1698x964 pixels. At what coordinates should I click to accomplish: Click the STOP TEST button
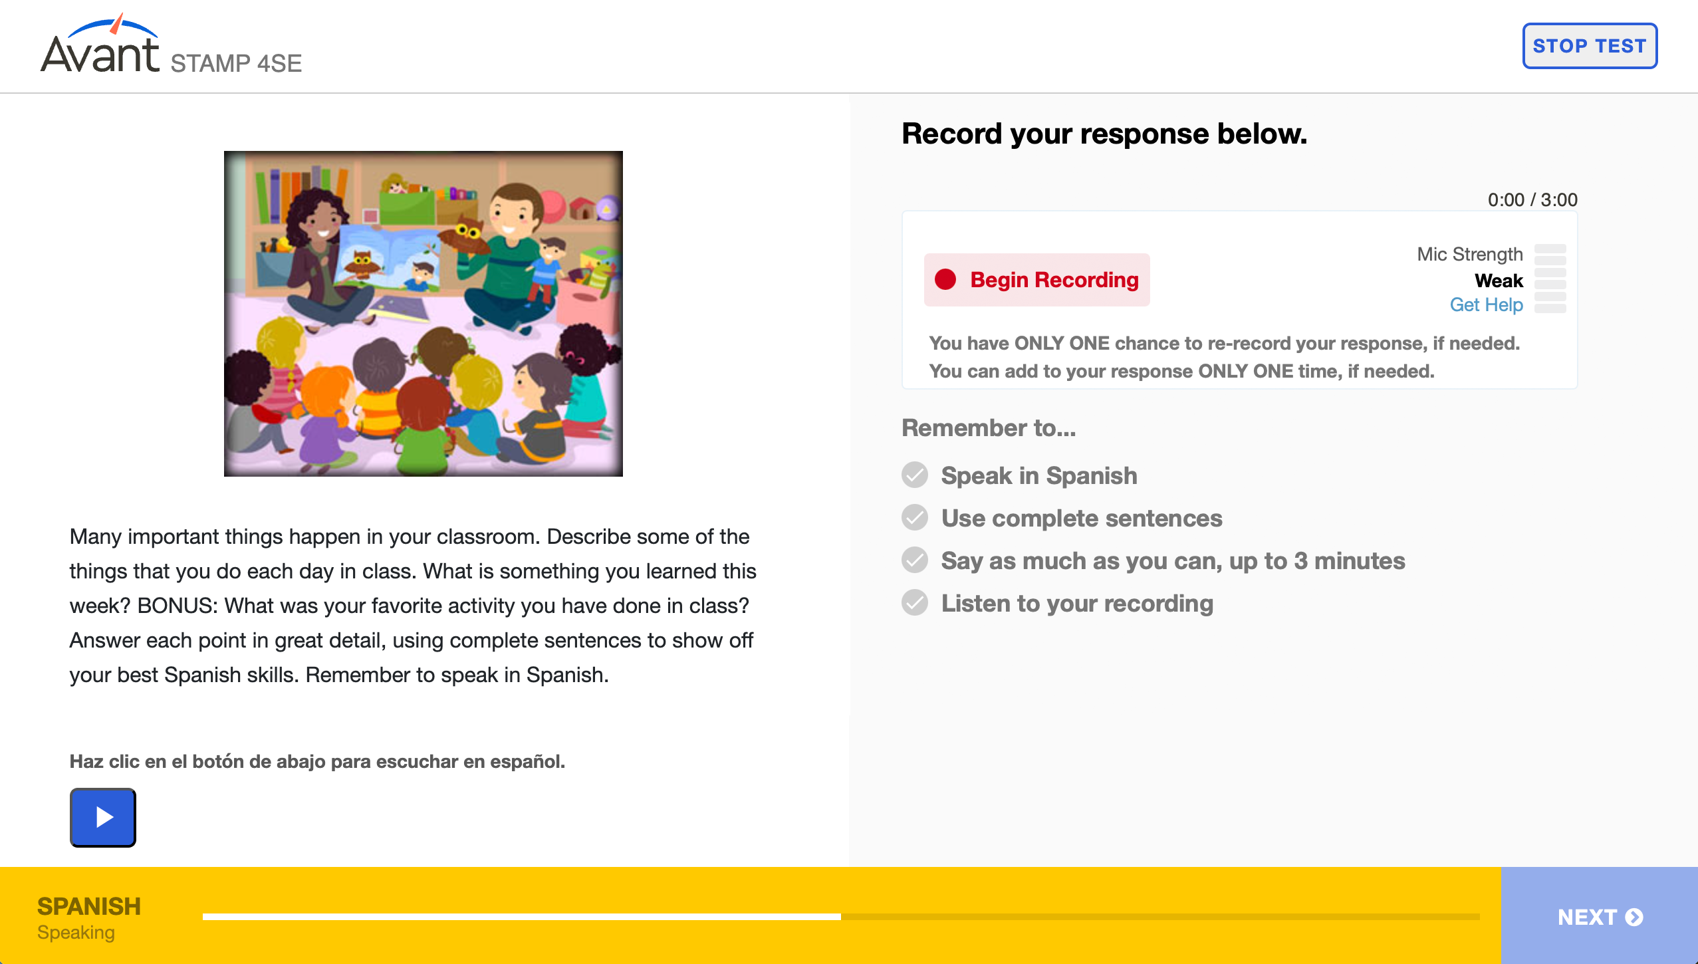1590,46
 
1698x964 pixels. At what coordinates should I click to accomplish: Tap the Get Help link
1486,304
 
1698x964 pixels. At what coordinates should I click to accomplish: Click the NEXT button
1600,916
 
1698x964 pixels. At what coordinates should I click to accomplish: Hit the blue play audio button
103,817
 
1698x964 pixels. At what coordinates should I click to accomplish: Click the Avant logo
100,44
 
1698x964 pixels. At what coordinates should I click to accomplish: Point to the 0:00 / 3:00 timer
1532,199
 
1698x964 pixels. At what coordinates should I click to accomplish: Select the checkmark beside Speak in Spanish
915,475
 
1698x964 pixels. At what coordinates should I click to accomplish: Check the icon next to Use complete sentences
915,518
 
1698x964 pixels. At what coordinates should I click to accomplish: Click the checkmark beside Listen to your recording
915,603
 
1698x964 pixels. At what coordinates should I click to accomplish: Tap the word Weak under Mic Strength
1499,281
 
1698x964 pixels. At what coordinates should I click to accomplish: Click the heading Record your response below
1104,134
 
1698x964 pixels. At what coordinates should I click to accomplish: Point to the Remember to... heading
989,427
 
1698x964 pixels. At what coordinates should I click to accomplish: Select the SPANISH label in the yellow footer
89,906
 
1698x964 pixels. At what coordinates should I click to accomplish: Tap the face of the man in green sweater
514,213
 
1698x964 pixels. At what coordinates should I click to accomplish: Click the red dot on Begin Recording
945,279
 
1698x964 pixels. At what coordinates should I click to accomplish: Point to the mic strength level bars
1550,279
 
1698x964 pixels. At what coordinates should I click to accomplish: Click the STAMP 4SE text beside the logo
236,63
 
